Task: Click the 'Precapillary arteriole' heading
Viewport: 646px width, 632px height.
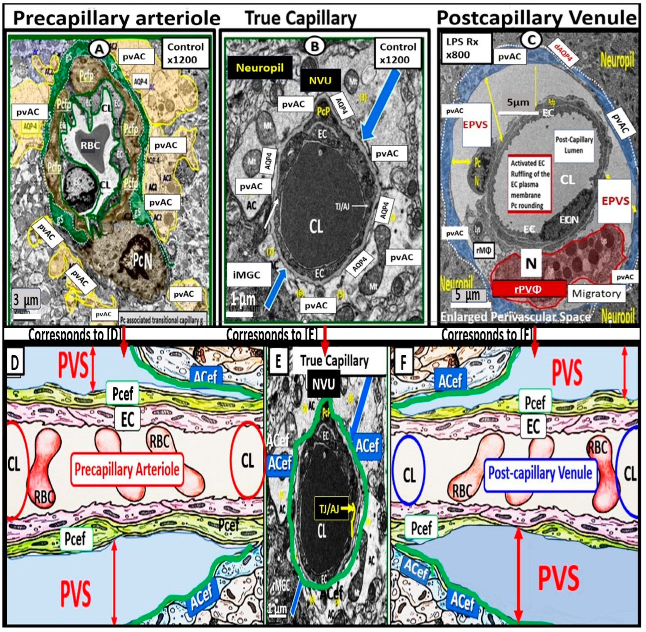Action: point(117,19)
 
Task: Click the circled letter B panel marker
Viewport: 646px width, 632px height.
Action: point(314,47)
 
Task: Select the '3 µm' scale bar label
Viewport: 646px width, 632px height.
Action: point(26,300)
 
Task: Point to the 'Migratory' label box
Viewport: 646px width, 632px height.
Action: point(596,294)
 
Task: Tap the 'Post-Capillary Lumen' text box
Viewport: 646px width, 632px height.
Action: point(574,145)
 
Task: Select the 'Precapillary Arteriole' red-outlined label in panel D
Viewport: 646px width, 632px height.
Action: point(127,470)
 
